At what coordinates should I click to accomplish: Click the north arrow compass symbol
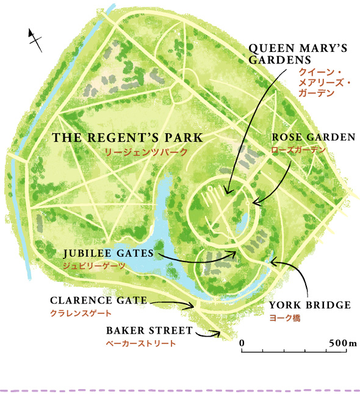(35, 40)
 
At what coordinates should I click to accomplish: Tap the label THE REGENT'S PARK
(128, 137)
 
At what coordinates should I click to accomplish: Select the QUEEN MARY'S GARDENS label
(298, 54)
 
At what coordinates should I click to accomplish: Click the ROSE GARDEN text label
(314, 137)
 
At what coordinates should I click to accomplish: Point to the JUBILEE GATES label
(109, 254)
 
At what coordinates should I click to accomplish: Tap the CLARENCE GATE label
(99, 301)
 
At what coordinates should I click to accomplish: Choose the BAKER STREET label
(149, 330)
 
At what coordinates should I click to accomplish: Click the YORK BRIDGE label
(310, 305)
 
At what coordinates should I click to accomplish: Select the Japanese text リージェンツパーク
(146, 152)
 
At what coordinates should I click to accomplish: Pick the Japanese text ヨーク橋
(285, 318)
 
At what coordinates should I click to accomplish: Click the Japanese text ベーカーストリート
(141, 343)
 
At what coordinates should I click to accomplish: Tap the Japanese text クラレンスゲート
(81, 313)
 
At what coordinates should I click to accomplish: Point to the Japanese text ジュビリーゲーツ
(94, 266)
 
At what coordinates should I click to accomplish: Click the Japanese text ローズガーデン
(298, 150)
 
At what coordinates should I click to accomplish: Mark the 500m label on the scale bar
(343, 343)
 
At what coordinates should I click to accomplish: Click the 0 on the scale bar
(242, 343)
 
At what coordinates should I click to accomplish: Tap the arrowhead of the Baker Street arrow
(217, 334)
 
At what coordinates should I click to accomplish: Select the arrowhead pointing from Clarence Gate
(191, 306)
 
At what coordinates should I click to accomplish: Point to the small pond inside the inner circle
(242, 223)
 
